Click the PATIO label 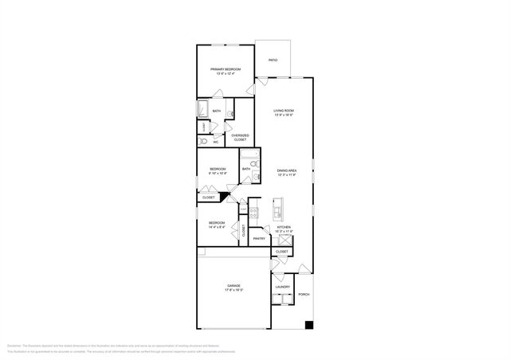pyautogui.click(x=273, y=60)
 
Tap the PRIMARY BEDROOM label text pyautogui.click(x=226, y=70)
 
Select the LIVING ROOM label pyautogui.click(x=284, y=111)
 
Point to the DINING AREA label pyautogui.click(x=287, y=170)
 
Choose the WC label pyautogui.click(x=215, y=142)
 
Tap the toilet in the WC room pyautogui.click(x=204, y=141)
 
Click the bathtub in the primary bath pyautogui.click(x=202, y=110)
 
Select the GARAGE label pyautogui.click(x=233, y=285)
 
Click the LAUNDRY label pyautogui.click(x=282, y=287)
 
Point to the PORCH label pyautogui.click(x=304, y=294)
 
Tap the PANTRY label pyautogui.click(x=259, y=238)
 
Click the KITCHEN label pyautogui.click(x=284, y=227)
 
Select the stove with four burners pyautogui.click(x=254, y=213)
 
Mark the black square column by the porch pyautogui.click(x=309, y=325)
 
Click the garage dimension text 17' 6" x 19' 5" pyautogui.click(x=233, y=290)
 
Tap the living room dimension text pyautogui.click(x=284, y=115)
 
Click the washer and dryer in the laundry pyautogui.click(x=281, y=299)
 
